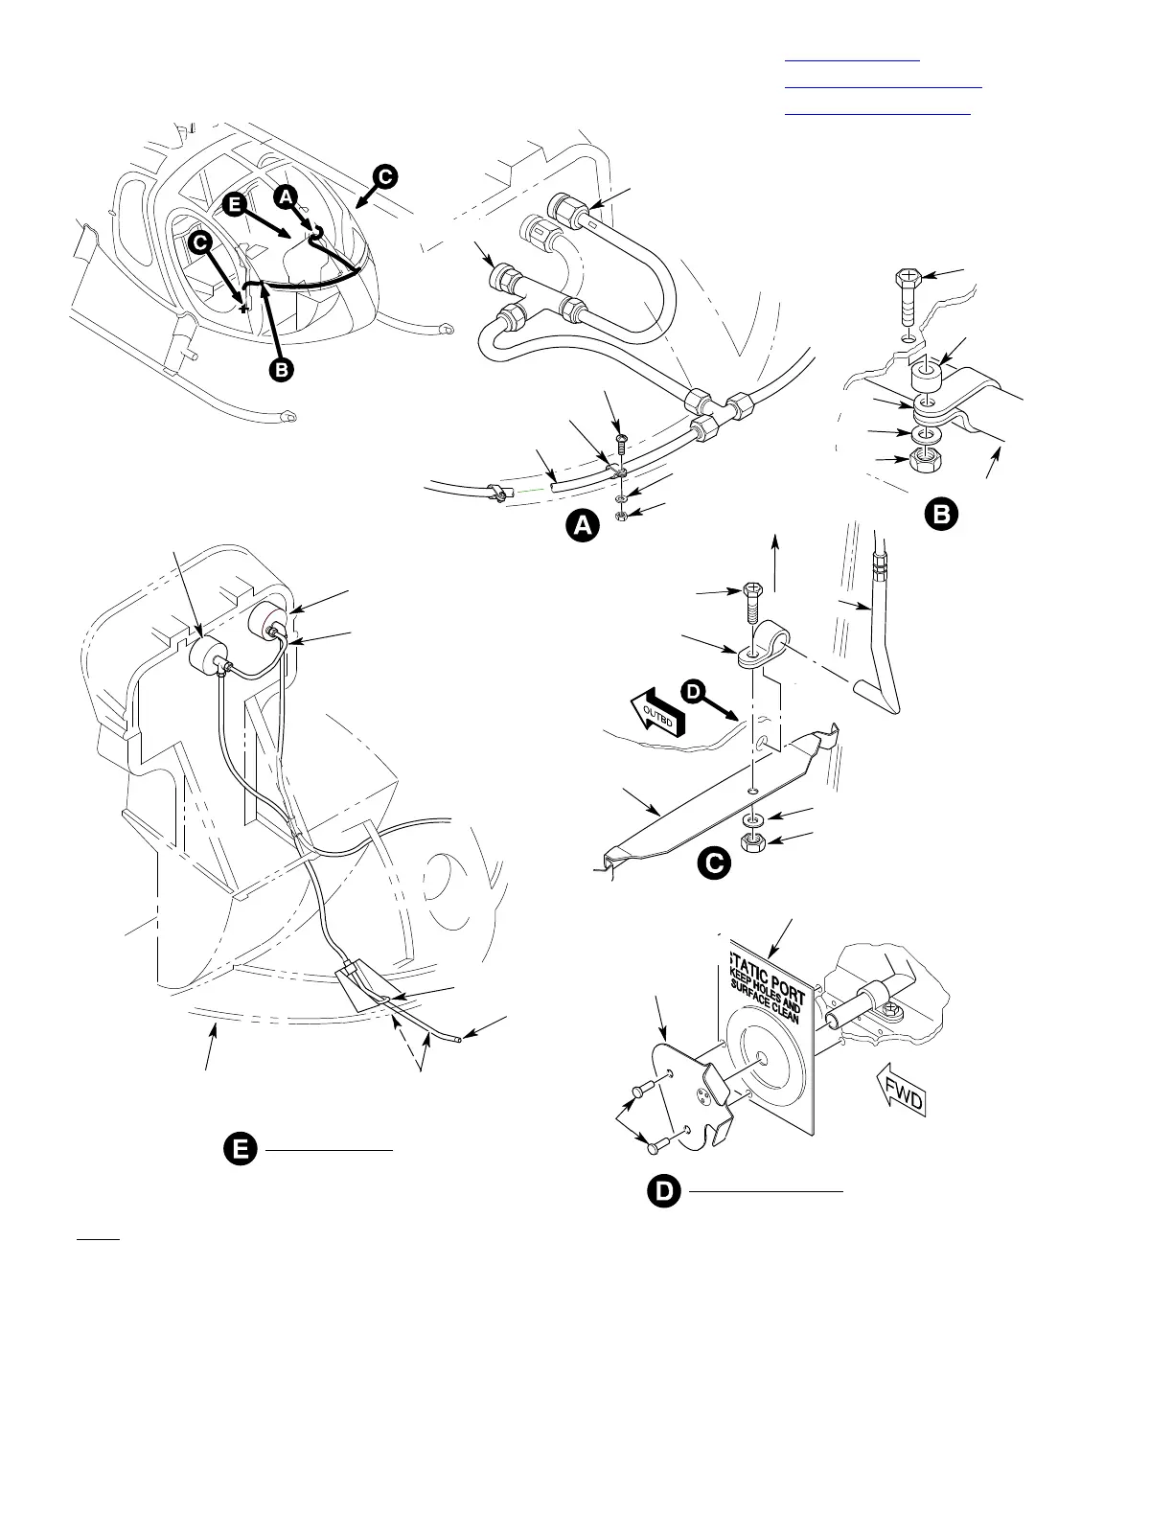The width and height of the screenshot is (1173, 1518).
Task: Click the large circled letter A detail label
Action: pyautogui.click(x=582, y=526)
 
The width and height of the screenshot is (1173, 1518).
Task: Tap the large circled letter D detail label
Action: pyautogui.click(x=663, y=1191)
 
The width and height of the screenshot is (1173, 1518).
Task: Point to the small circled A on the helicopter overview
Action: pyautogui.click(x=285, y=195)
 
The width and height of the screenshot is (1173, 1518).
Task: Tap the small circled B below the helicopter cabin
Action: pyautogui.click(x=281, y=370)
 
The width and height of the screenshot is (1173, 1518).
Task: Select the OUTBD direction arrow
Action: pyautogui.click(x=658, y=714)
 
